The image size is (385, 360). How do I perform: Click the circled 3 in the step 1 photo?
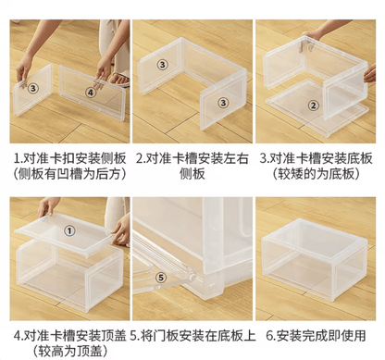(x=32, y=88)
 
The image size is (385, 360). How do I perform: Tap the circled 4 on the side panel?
(x=91, y=92)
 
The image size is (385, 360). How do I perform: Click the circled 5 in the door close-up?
(x=160, y=275)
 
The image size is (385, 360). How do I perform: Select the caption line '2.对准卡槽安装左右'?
(x=191, y=157)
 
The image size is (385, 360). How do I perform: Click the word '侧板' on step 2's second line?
(x=191, y=174)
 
